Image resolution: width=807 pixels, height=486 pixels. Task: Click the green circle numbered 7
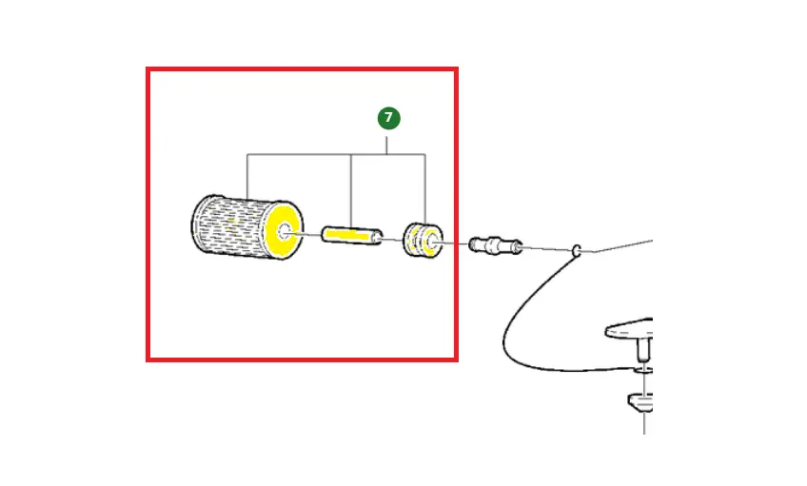coord(388,118)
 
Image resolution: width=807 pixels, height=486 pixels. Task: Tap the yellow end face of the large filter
coord(283,230)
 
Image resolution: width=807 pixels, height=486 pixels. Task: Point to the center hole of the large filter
coord(285,231)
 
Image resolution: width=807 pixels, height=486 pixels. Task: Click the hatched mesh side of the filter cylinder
coord(229,225)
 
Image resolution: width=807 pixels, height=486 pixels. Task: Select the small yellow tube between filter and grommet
coord(352,236)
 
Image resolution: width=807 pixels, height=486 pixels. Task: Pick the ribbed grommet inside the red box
coord(423,241)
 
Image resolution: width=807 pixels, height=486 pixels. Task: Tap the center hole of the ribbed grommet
coord(433,241)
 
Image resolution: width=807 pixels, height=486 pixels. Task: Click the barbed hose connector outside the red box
coord(496,244)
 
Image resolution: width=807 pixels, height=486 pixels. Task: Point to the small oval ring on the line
coord(577,250)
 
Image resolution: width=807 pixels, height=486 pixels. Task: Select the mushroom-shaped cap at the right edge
coord(630,329)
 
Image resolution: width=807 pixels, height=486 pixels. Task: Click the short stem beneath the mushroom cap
coord(644,351)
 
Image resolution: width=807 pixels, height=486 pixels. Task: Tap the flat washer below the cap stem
coord(643,370)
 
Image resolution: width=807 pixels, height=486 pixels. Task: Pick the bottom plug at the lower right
coord(640,402)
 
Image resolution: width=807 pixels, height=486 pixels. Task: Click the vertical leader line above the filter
coord(247,176)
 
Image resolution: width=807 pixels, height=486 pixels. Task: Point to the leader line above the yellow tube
coord(351,191)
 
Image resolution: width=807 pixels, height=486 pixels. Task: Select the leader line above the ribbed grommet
coord(425,188)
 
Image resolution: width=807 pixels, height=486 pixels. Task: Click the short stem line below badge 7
coord(387,145)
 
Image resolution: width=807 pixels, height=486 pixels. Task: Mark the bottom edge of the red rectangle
coord(302,360)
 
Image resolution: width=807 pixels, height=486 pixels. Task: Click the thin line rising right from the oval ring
coord(623,245)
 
